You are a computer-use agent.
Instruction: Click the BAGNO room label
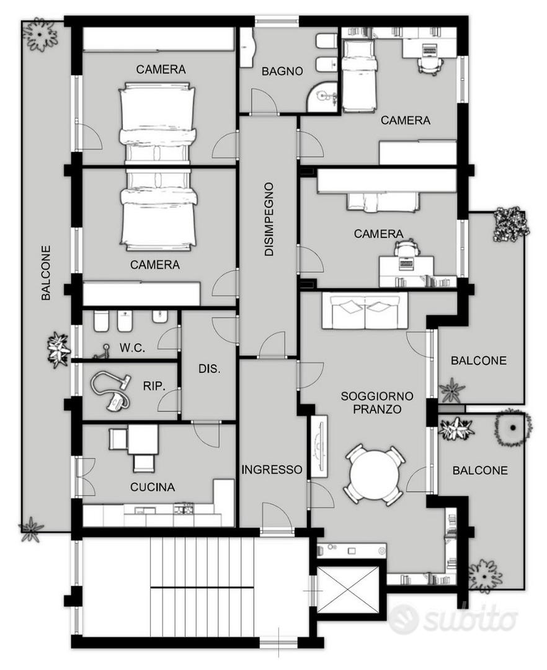click(282, 71)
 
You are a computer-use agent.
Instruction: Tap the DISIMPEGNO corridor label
click(269, 219)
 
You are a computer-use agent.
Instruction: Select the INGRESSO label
click(272, 470)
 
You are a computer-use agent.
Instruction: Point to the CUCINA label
click(153, 487)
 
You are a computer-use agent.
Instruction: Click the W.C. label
click(132, 348)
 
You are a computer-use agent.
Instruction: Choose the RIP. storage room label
click(154, 386)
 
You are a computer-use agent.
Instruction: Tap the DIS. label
click(210, 368)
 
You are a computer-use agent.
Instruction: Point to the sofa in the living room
click(365, 311)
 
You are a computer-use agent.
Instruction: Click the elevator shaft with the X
click(349, 590)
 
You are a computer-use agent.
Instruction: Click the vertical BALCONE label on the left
click(46, 272)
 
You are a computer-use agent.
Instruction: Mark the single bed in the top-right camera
click(360, 75)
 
